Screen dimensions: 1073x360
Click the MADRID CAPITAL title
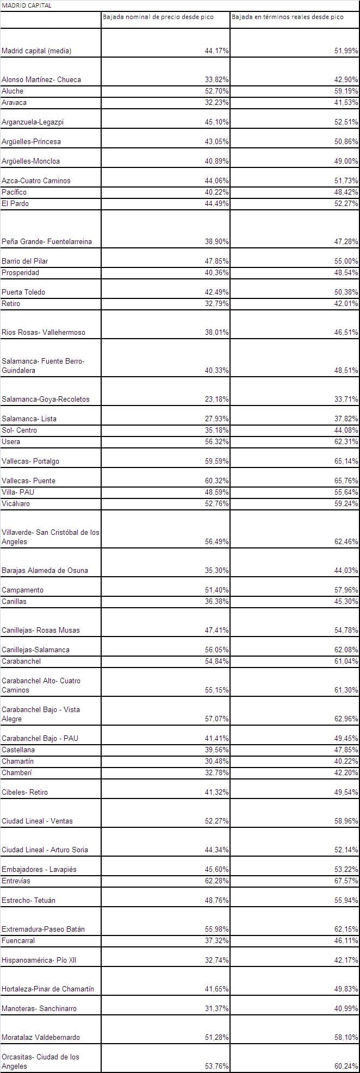pyautogui.click(x=27, y=5)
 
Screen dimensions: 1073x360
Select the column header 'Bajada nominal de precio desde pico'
pyautogui.click(x=158, y=17)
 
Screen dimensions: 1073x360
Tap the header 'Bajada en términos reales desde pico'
pyautogui.click(x=288, y=17)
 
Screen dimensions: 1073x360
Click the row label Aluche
pyautogui.click(x=13, y=91)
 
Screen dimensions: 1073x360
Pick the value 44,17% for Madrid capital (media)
pyautogui.click(x=216, y=51)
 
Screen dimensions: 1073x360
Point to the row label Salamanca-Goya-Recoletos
pyautogui.click(x=46, y=399)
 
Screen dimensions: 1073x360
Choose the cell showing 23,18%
pyautogui.click(x=216, y=399)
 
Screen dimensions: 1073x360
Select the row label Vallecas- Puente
pyautogui.click(x=29, y=481)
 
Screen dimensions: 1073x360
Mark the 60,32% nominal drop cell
pyautogui.click(x=216, y=481)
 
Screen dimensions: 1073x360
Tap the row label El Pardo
pyautogui.click(x=15, y=203)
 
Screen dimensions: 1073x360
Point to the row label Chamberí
pyautogui.click(x=17, y=772)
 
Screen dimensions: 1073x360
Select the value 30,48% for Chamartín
pyautogui.click(x=216, y=761)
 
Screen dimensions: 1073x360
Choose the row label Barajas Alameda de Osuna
pyautogui.click(x=45, y=570)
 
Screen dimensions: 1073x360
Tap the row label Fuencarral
pyautogui.click(x=18, y=940)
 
